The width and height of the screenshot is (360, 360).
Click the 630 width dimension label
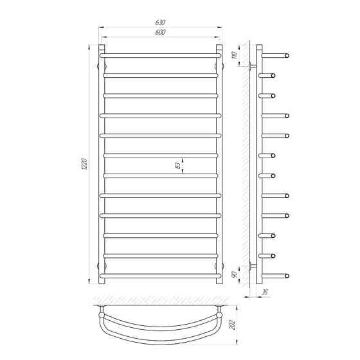tap(160, 22)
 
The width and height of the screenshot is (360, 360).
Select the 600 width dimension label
tap(160, 32)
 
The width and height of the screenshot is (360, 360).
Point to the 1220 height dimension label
tap(84, 164)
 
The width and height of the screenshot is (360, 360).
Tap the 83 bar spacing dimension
tap(177, 165)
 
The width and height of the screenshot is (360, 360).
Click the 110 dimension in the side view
tap(235, 55)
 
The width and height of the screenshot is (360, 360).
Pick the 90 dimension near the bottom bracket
tap(235, 274)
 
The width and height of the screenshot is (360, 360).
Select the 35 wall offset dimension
tap(265, 292)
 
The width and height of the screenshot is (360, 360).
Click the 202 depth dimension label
tap(233, 324)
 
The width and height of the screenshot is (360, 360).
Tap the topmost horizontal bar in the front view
tap(160, 55)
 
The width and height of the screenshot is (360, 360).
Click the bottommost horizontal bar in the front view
tap(160, 276)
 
